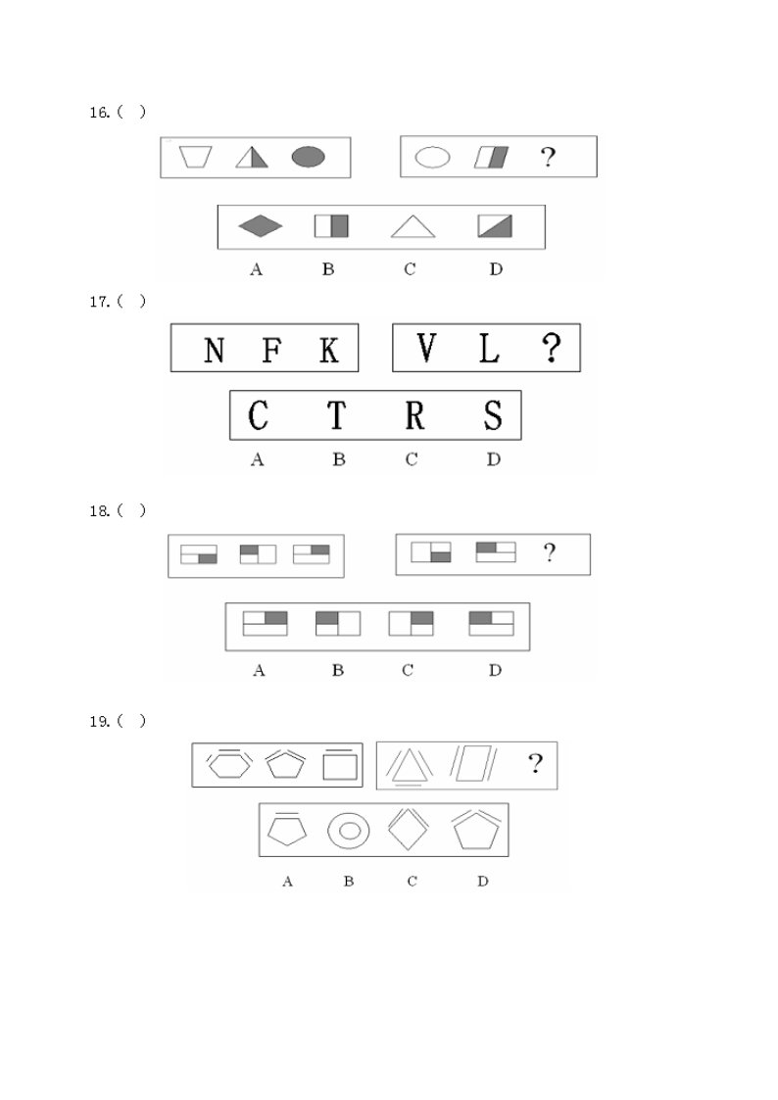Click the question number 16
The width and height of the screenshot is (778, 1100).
coord(100,113)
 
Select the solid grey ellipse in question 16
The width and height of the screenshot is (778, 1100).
coord(308,157)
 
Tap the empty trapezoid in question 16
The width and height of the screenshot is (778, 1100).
coord(195,157)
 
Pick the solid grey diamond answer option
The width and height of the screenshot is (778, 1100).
coord(261,226)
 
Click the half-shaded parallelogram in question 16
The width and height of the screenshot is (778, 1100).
coord(491,157)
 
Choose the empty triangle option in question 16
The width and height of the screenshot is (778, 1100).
coord(413,226)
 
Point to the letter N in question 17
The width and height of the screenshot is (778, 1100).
coord(214,350)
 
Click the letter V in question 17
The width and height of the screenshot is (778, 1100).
coord(426,348)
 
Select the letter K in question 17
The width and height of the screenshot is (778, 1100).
coord(328,350)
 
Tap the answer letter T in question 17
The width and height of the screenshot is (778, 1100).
coord(337,415)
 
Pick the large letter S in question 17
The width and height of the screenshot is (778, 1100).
coord(493,414)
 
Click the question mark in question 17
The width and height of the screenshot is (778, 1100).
coord(552,348)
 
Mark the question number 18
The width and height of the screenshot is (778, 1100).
coord(100,511)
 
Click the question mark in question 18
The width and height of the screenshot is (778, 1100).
coord(550,552)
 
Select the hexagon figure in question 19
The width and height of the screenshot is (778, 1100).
coord(228,763)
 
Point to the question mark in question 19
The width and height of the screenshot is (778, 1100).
coord(535,763)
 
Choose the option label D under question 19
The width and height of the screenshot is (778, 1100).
coord(483,882)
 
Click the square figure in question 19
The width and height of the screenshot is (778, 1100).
coord(340,765)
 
